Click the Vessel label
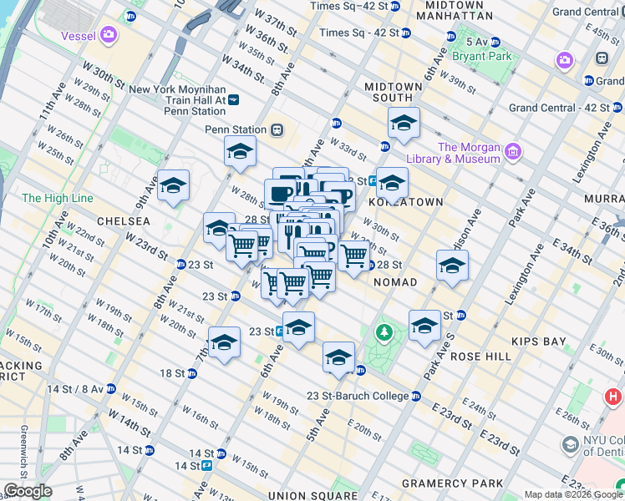point(79,36)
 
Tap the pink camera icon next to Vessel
point(109,35)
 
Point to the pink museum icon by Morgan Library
point(513,152)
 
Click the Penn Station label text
point(235,129)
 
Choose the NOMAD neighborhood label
point(394,283)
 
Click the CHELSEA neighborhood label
point(124,221)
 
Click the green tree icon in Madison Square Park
point(384,333)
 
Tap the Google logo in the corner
point(27,491)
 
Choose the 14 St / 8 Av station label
point(74,389)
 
